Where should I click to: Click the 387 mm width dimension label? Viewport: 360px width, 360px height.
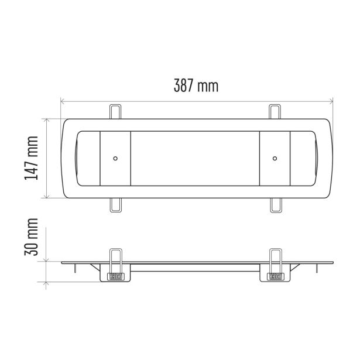[196, 85]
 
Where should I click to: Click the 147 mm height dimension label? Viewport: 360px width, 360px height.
[31, 158]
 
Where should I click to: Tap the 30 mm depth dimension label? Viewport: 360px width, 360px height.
[31, 237]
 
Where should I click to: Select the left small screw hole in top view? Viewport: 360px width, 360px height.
[115, 158]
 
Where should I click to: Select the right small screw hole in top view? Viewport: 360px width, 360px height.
[275, 158]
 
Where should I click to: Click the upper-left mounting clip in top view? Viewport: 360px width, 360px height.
[115, 112]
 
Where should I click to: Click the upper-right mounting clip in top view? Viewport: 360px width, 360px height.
[275, 112]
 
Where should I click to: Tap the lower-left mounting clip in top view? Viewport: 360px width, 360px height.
[115, 205]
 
